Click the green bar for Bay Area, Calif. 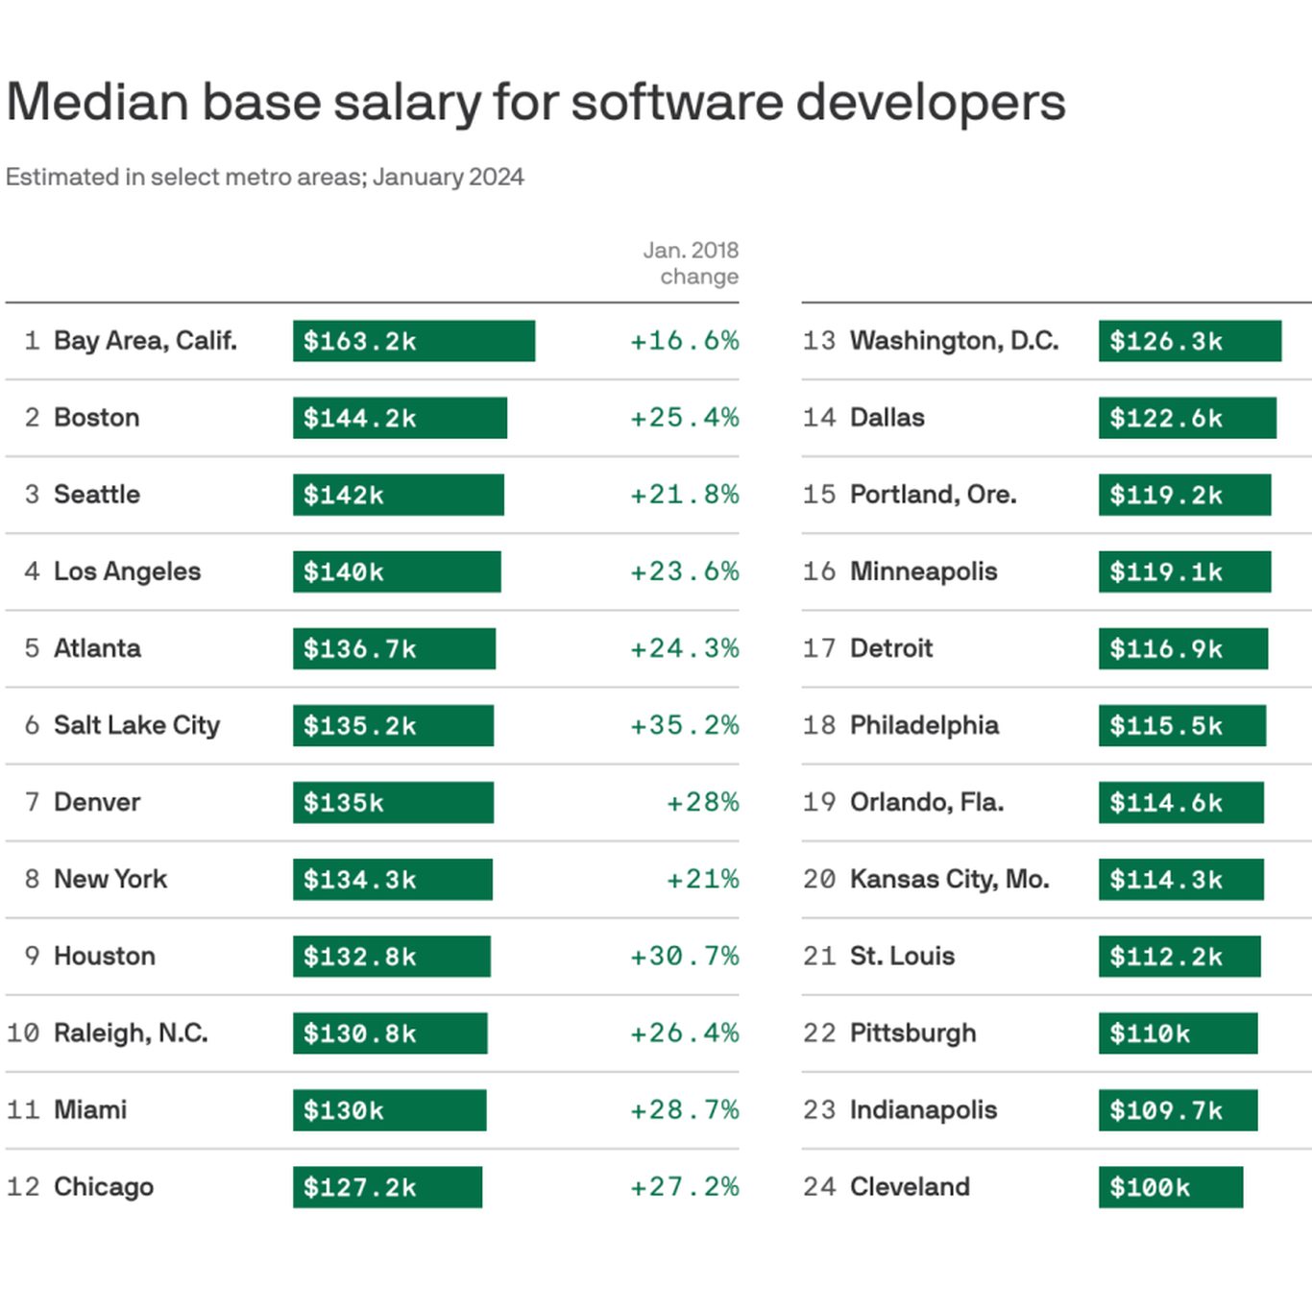click(413, 341)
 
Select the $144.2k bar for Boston click(400, 418)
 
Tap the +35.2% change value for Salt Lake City click(684, 725)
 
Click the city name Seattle click(97, 495)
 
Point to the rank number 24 click(819, 1187)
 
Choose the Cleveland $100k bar click(1170, 1187)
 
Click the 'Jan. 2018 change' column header click(692, 263)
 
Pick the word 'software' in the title click(677, 102)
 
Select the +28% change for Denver click(702, 802)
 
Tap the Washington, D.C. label click(954, 341)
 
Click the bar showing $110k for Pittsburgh click(1178, 1033)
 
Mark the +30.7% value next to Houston click(684, 956)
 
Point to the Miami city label click(90, 1110)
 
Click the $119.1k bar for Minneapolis click(1184, 571)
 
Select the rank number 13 click(819, 341)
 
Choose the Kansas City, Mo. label click(949, 879)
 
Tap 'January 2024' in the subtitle click(449, 177)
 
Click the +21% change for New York click(702, 879)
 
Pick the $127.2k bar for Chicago click(387, 1187)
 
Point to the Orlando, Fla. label click(927, 802)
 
